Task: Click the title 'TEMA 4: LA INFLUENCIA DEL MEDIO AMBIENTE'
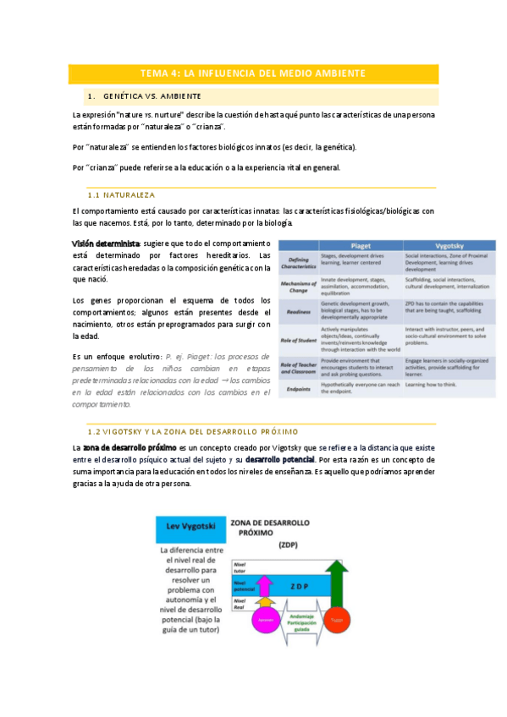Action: [x=253, y=74]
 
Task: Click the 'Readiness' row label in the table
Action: [x=300, y=310]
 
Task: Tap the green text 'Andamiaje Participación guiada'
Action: [x=301, y=624]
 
